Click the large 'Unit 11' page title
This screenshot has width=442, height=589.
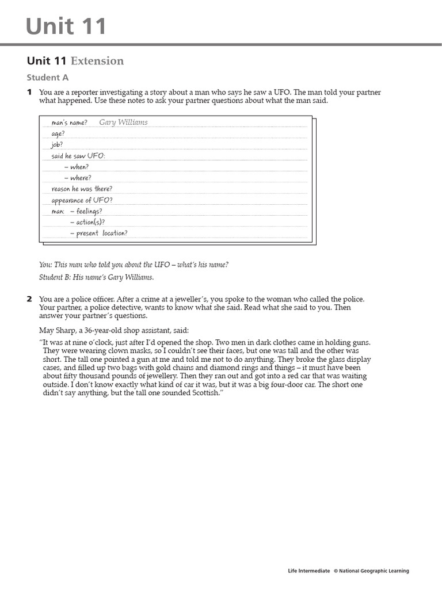pyautogui.click(x=67, y=26)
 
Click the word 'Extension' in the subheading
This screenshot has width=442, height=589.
pyautogui.click(x=97, y=61)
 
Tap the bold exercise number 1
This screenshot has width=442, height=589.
pyautogui.click(x=29, y=93)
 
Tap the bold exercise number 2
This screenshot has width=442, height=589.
pyautogui.click(x=29, y=299)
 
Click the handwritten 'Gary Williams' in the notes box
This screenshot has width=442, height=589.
pyautogui.click(x=123, y=123)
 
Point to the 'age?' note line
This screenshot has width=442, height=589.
pyautogui.click(x=58, y=133)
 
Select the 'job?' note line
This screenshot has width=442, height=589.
pyautogui.click(x=58, y=144)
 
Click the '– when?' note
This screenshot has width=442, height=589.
pyautogui.click(x=77, y=167)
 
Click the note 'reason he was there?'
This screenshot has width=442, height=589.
pyautogui.click(x=82, y=189)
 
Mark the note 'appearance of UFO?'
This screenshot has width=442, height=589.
pyautogui.click(x=82, y=200)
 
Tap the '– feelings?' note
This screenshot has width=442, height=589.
pyautogui.click(x=86, y=211)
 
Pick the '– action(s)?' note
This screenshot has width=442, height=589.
pyautogui.click(x=87, y=222)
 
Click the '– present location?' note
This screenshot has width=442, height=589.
pyautogui.click(x=98, y=233)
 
